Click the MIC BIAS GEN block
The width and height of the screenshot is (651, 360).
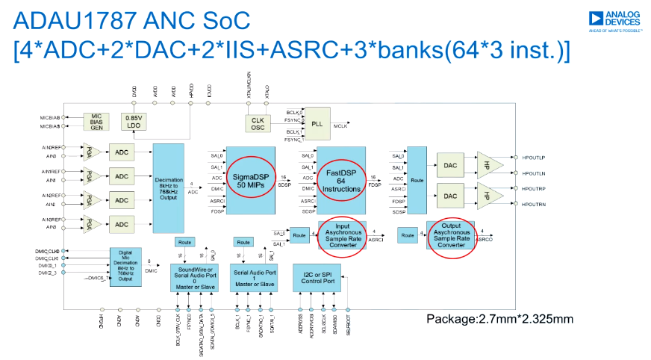click(96, 122)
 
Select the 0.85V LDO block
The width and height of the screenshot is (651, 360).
click(134, 122)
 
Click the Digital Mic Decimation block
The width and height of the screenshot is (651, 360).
click(125, 267)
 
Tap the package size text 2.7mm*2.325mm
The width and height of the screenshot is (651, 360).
click(499, 320)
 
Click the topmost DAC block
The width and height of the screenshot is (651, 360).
click(449, 165)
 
